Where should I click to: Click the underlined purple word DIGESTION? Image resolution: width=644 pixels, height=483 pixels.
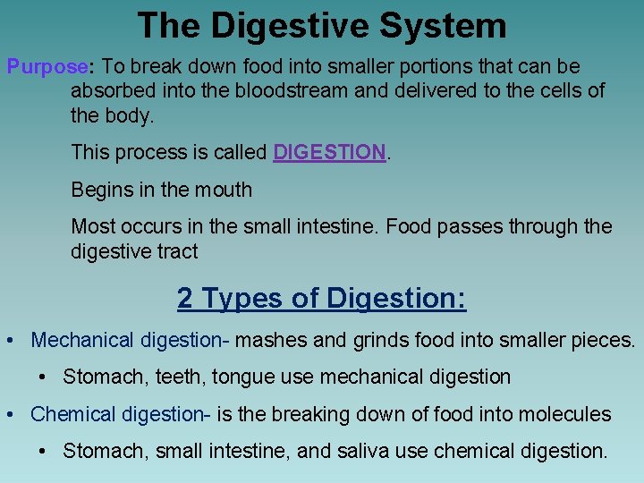click(x=329, y=153)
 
